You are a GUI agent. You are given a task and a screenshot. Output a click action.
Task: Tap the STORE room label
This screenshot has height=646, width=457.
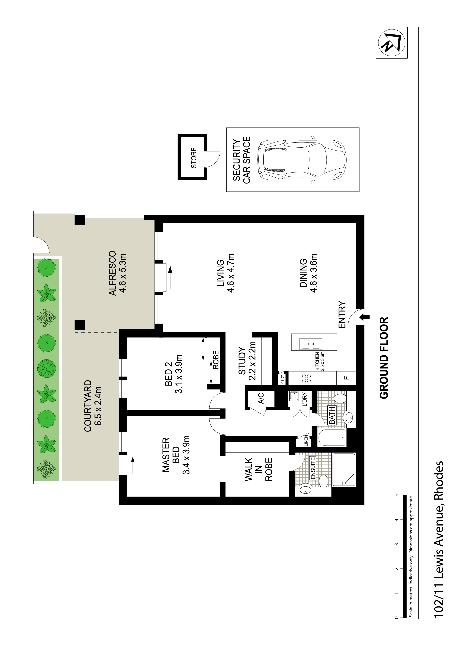[194, 158]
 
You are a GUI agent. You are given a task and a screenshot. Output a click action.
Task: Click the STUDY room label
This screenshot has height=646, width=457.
[242, 361]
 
